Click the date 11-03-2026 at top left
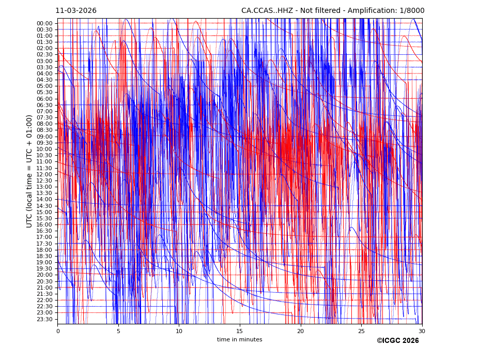pyautogui.click(x=76, y=11)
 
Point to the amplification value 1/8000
pyautogui.click(x=411, y=11)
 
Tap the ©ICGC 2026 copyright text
pyautogui.click(x=397, y=341)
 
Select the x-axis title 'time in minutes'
pyautogui.click(x=239, y=340)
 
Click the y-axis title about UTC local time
pyautogui.click(x=29, y=171)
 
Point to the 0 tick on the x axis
pyautogui.click(x=58, y=331)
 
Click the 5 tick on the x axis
pyautogui.click(x=118, y=331)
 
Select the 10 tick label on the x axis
pyautogui.click(x=179, y=331)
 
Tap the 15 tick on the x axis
pyautogui.click(x=240, y=331)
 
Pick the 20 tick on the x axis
pyautogui.click(x=300, y=331)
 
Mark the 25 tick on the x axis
pyautogui.click(x=361, y=331)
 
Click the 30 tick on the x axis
pyautogui.click(x=422, y=331)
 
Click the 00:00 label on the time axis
pyautogui.click(x=44, y=23)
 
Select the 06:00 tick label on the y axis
pyautogui.click(x=44, y=99)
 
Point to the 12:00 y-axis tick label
pyautogui.click(x=44, y=174)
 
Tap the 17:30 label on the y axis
pyautogui.click(x=44, y=244)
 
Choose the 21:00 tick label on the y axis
pyautogui.click(x=44, y=288)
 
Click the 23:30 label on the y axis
pyautogui.click(x=44, y=319)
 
